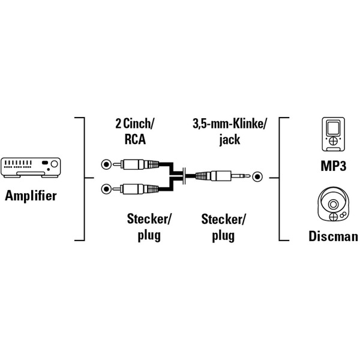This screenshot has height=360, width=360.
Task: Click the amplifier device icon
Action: coord(31,167)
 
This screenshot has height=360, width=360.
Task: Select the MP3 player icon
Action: coord(330,135)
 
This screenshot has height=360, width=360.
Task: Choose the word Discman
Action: coord(333,236)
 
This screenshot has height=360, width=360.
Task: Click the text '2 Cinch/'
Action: coord(134,125)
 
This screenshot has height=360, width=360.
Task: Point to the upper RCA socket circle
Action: coord(106,163)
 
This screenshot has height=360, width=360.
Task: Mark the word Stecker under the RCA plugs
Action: coord(149,220)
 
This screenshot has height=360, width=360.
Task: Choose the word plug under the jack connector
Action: coord(223,235)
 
